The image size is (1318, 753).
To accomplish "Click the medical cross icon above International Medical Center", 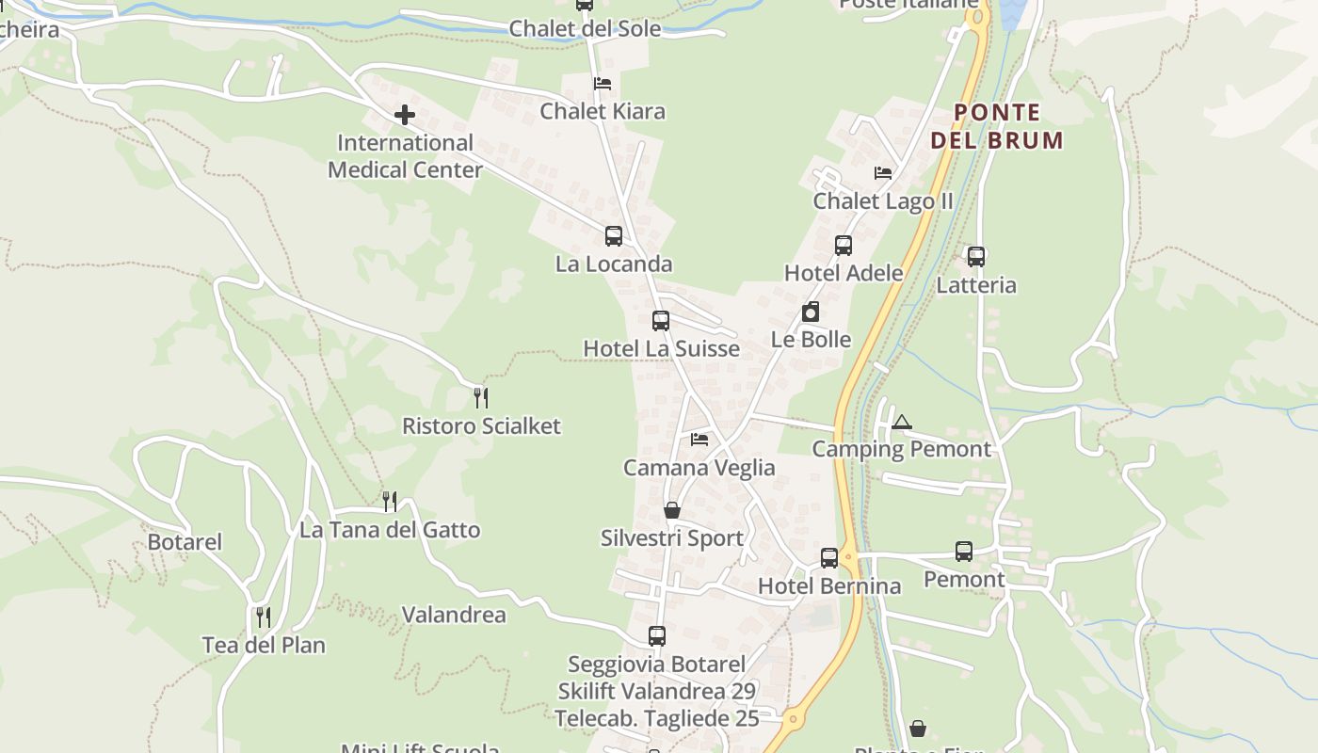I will [405, 115].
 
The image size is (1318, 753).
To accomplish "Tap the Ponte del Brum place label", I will [997, 126].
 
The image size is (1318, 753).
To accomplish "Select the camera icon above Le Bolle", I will [811, 312].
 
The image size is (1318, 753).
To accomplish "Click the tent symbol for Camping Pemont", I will [902, 422].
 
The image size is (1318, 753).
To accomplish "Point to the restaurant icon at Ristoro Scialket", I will [481, 397].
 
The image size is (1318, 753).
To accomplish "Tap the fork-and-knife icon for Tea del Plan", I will [264, 617].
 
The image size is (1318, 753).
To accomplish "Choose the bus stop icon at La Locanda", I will [614, 236].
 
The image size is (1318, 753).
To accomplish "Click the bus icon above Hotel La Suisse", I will [661, 321].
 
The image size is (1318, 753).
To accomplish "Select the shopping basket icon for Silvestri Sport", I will [672, 510].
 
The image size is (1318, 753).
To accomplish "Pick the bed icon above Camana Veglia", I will [699, 440].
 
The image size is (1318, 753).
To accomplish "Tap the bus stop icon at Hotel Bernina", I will [829, 557].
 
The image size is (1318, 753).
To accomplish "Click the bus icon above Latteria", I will [976, 256].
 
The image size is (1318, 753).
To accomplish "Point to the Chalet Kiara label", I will [603, 111].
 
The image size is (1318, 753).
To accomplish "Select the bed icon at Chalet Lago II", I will [883, 173].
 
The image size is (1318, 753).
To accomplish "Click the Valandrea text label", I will [454, 615].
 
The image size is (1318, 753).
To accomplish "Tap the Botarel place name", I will [185, 542].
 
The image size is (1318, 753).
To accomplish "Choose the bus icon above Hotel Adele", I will [844, 246].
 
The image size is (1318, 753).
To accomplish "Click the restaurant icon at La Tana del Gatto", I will [390, 501].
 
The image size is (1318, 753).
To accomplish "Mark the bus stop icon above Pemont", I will [964, 552].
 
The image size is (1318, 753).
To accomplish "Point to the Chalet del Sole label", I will [585, 28].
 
